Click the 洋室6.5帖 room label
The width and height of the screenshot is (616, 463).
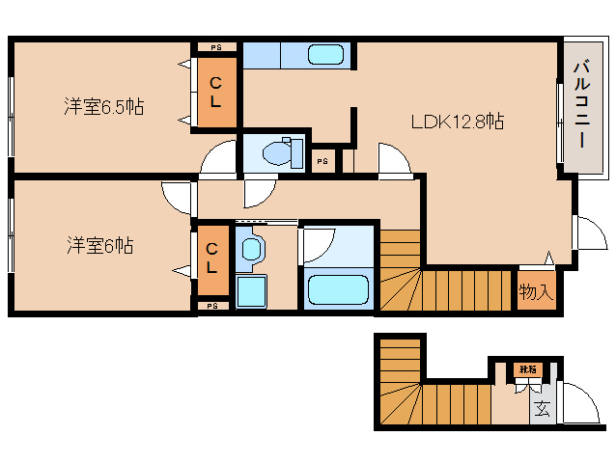104,107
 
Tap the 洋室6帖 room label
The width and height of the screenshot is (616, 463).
100,245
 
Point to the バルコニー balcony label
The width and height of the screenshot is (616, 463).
581,103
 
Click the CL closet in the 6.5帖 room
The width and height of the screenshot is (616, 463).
214,93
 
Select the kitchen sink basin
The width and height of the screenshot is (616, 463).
325,55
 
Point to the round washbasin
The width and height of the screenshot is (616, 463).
251,250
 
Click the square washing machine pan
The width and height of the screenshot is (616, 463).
250,290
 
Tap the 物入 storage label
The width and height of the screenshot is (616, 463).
536,290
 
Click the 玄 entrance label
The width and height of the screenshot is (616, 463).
543,408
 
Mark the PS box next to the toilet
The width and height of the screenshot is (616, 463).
322,161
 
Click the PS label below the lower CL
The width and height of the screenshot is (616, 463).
212,306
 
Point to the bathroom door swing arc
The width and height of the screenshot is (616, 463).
320,243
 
